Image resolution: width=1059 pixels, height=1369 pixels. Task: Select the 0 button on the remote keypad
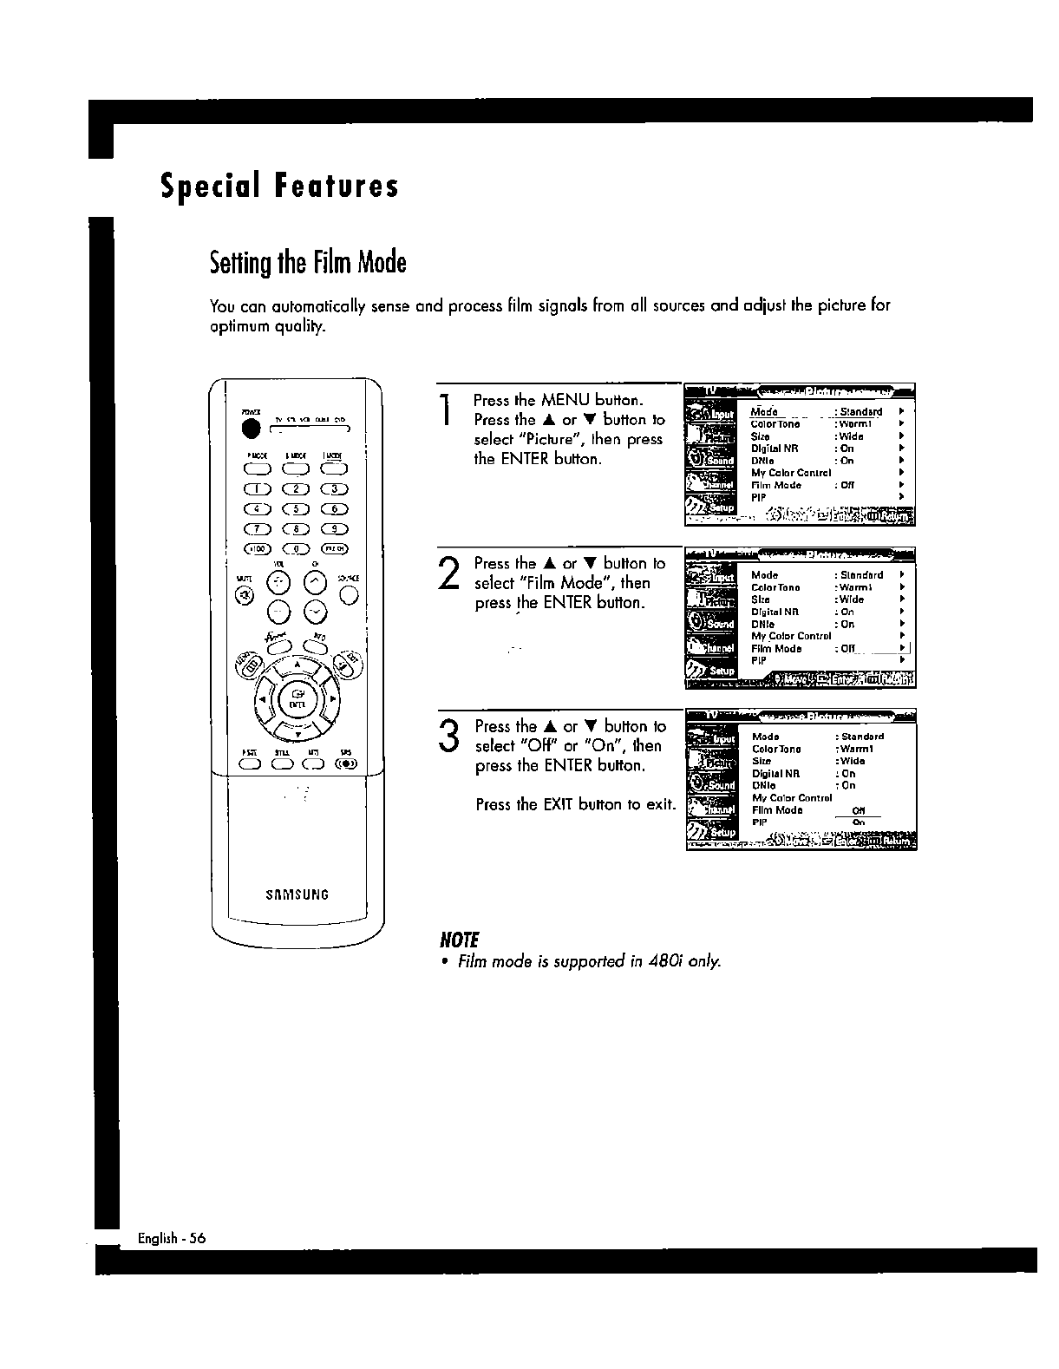pos(297,548)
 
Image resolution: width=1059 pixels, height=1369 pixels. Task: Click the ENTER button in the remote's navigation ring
pos(297,697)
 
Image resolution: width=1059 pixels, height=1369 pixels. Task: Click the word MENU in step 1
pos(565,401)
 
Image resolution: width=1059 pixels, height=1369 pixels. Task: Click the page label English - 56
pos(171,1238)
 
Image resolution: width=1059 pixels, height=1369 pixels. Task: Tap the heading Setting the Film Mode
pos(308,262)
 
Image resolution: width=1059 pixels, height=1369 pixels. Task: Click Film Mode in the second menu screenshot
pos(776,648)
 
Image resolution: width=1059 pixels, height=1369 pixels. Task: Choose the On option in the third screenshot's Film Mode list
pos(859,822)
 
